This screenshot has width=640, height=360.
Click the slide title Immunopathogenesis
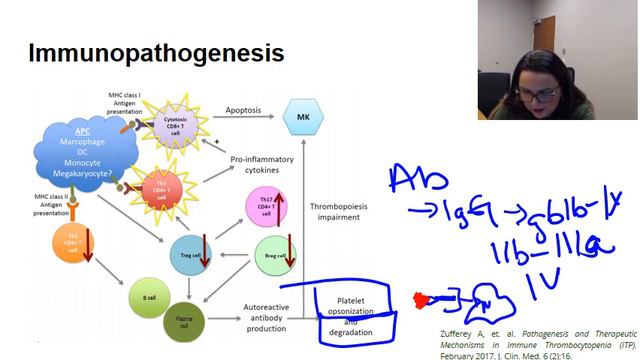(x=156, y=52)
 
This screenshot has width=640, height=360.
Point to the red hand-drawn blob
(x=417, y=298)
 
